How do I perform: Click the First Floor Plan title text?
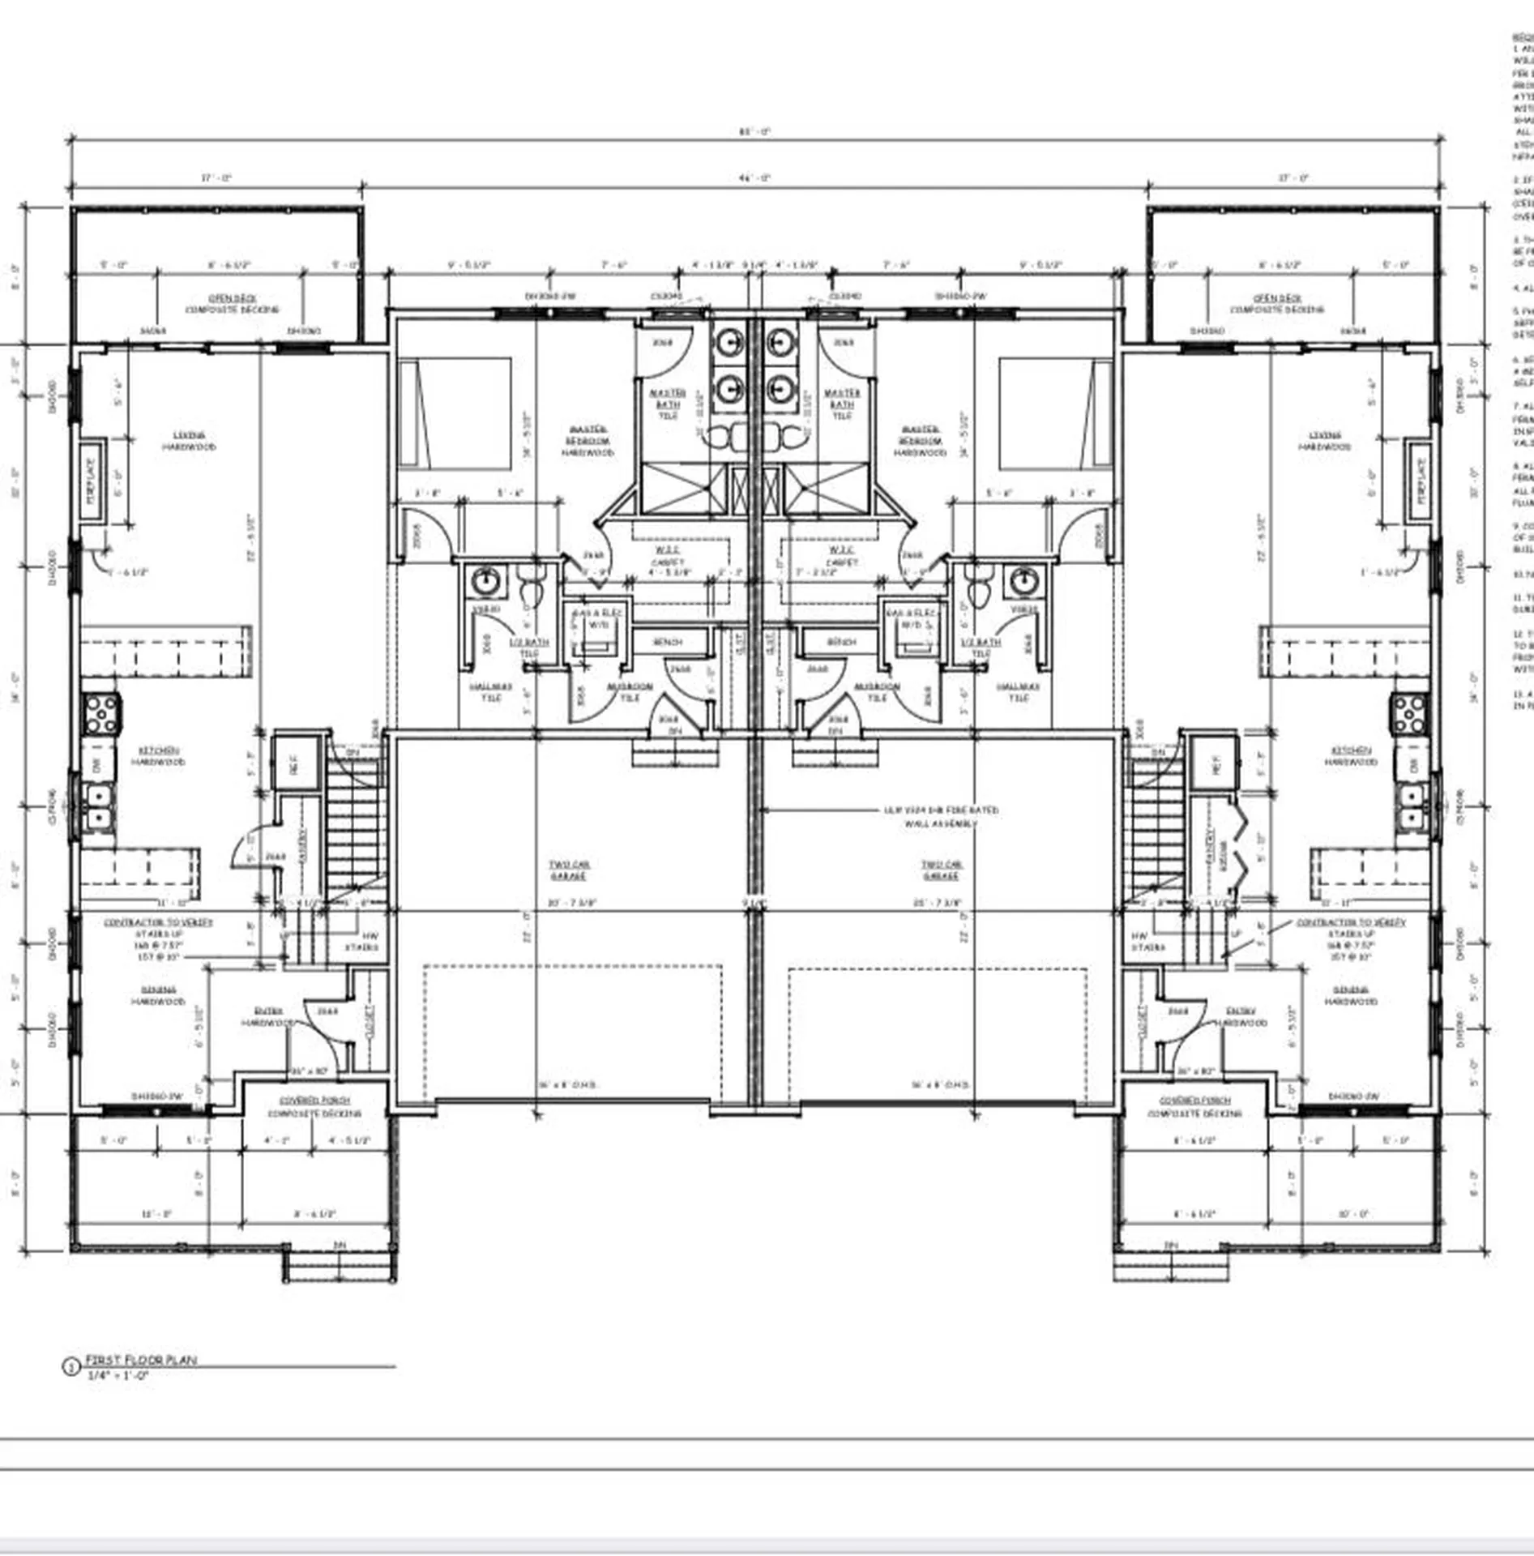(x=141, y=1359)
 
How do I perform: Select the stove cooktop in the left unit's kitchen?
(x=101, y=714)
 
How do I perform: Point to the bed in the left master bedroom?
(x=455, y=413)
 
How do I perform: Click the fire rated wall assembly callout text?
(x=941, y=816)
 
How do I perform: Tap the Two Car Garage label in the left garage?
(x=569, y=870)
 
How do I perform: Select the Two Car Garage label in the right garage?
(x=941, y=870)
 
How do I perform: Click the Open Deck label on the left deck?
(x=233, y=303)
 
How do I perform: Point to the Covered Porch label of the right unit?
(x=1194, y=1106)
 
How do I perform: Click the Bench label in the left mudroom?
(x=668, y=642)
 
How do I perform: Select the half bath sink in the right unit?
(x=1023, y=580)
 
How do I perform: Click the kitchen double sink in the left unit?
(x=99, y=806)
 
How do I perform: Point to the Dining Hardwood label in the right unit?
(x=1350, y=995)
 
